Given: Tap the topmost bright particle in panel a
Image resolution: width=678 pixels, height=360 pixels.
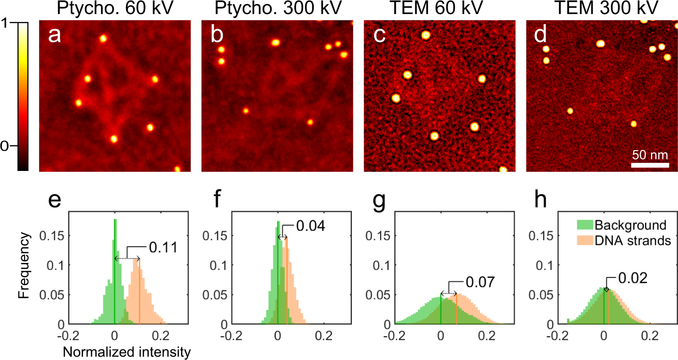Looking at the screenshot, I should pos(103,39).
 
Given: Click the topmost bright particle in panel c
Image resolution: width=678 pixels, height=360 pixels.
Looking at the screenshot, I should pos(425,35).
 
